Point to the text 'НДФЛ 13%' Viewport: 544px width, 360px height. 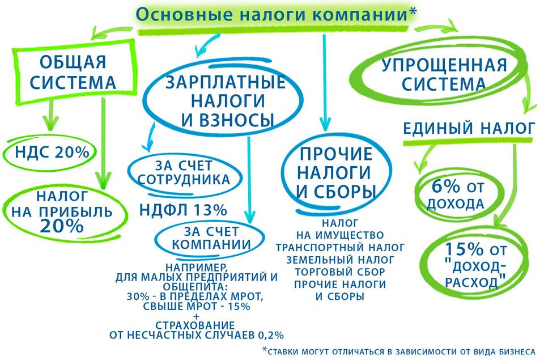click(183, 210)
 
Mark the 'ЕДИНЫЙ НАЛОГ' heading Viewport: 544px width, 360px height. click(469, 129)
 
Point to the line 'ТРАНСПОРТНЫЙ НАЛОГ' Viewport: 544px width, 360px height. click(340, 248)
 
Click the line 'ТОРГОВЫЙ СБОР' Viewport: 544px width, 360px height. click(340, 272)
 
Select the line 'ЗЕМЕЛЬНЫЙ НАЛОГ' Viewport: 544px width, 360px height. click(340, 260)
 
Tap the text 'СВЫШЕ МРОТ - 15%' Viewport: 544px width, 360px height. click(197, 306)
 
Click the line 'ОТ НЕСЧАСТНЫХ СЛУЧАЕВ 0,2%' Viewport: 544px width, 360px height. click(197, 335)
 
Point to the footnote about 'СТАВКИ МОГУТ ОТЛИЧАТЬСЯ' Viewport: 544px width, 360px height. click(399, 351)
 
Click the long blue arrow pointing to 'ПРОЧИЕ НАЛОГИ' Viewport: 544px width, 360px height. click(325, 82)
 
